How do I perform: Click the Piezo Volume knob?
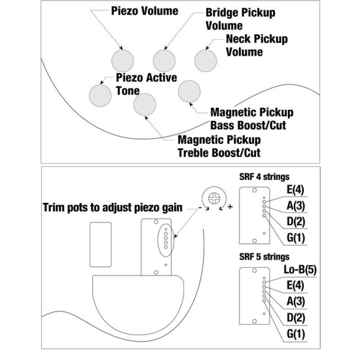point(122,61)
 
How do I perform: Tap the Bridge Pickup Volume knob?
point(164,61)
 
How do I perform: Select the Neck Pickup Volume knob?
point(206,61)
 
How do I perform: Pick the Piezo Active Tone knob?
point(100,96)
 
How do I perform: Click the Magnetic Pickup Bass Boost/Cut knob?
point(189,91)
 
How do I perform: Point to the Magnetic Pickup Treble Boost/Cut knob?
point(145,105)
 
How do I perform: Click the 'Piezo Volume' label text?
point(145,11)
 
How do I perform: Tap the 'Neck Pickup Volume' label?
point(257,45)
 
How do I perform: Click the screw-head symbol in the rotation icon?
point(214,198)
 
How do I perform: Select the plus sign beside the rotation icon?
point(230,207)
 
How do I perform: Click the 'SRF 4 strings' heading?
point(264,177)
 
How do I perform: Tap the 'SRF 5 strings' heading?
point(264,257)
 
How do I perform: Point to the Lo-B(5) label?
point(300,270)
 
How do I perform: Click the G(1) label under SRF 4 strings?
point(296,238)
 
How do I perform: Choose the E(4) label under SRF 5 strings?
point(295,285)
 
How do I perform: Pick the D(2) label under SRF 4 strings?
point(296,221)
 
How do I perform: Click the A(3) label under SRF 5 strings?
point(296,302)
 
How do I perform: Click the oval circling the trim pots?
point(158,240)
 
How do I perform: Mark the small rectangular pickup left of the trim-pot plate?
point(101,245)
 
